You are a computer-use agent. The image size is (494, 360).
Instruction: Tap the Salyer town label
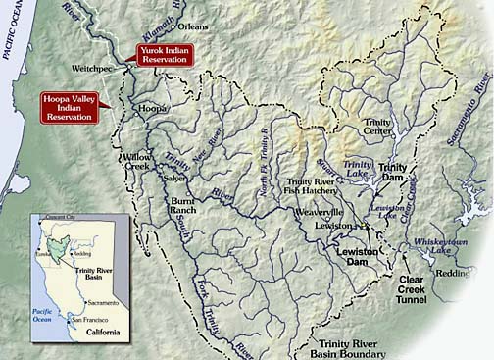175,178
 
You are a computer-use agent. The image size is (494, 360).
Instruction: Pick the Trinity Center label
377,127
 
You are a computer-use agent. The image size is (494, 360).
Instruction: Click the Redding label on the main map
453,273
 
